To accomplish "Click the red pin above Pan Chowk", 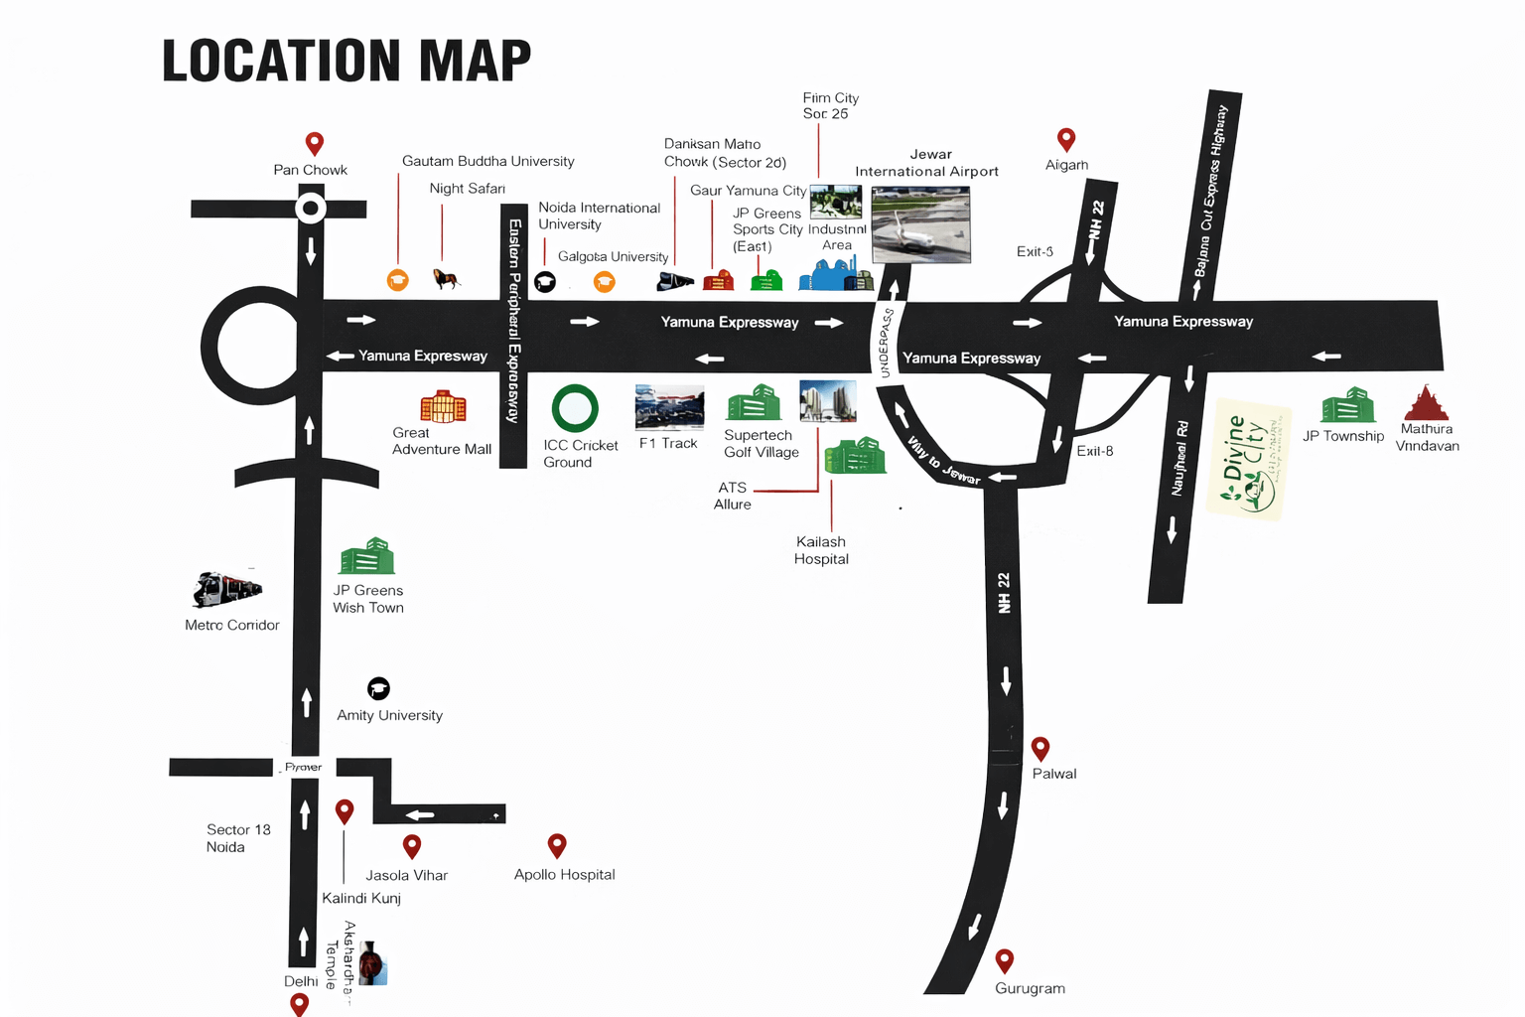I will pos(314,143).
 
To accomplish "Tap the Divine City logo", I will pos(1250,460).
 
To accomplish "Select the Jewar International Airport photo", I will pos(920,224).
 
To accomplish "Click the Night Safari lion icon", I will pos(447,279).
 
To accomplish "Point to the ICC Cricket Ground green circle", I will pos(575,408).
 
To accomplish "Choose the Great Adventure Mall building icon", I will pos(443,406).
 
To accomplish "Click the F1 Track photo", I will pos(669,407).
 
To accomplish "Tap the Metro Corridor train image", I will pos(227,588).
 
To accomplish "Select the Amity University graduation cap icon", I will pos(378,688).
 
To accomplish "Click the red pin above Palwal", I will pos(1040,748).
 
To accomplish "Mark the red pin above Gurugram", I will pos(1005,960).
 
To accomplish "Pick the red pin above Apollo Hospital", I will pos(557,845).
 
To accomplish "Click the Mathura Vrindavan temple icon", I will pos(1427,403).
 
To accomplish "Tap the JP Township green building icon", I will pos(1347,406).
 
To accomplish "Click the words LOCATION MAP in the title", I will pos(347,61).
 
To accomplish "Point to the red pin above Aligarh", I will pos(1066,139).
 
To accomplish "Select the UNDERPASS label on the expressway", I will pos(886,344).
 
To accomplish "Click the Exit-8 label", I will pos(1095,451).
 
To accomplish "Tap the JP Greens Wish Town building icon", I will pos(367,556).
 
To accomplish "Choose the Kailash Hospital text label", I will pos(821,550).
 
